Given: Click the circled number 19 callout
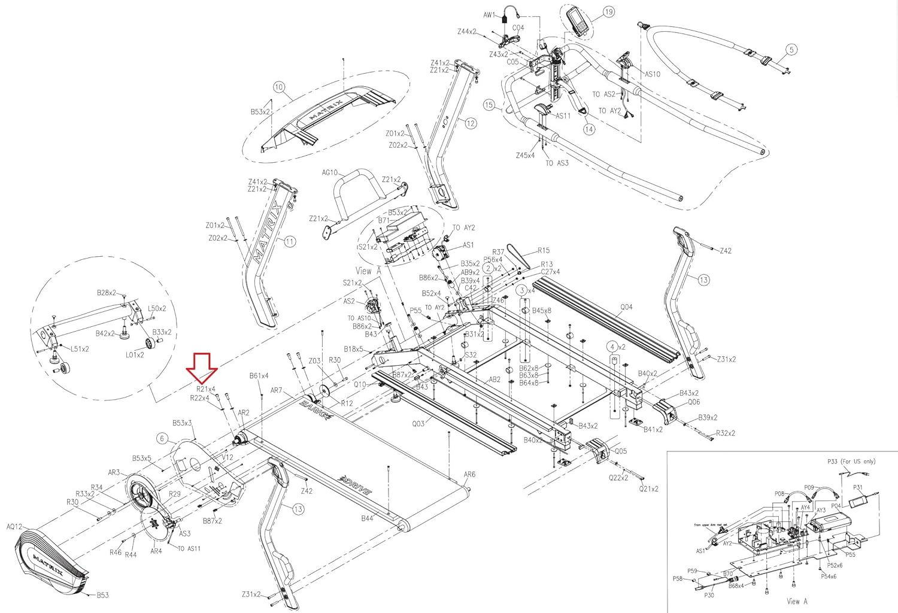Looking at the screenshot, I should (x=609, y=12).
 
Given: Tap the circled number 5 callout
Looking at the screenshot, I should (x=791, y=49).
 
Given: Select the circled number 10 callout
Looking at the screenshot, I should (x=279, y=87).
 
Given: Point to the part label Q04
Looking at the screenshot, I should (x=626, y=307).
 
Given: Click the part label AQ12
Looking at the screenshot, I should (x=14, y=527).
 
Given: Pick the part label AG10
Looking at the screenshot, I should (x=330, y=173).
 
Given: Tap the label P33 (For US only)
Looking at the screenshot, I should (x=851, y=462).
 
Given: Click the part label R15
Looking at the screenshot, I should (x=544, y=251).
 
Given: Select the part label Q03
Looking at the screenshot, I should (x=418, y=424).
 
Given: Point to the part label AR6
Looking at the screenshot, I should (x=469, y=475).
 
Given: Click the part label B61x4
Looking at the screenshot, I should (x=259, y=376).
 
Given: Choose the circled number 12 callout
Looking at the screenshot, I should (x=471, y=123).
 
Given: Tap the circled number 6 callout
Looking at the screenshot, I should (x=162, y=439).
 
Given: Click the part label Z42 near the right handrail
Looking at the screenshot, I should (x=726, y=251).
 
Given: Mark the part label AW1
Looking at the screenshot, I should (x=489, y=15).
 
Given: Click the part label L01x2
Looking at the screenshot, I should (x=135, y=354).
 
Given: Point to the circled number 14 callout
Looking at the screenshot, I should (x=589, y=129).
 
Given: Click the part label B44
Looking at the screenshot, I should (x=367, y=518).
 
